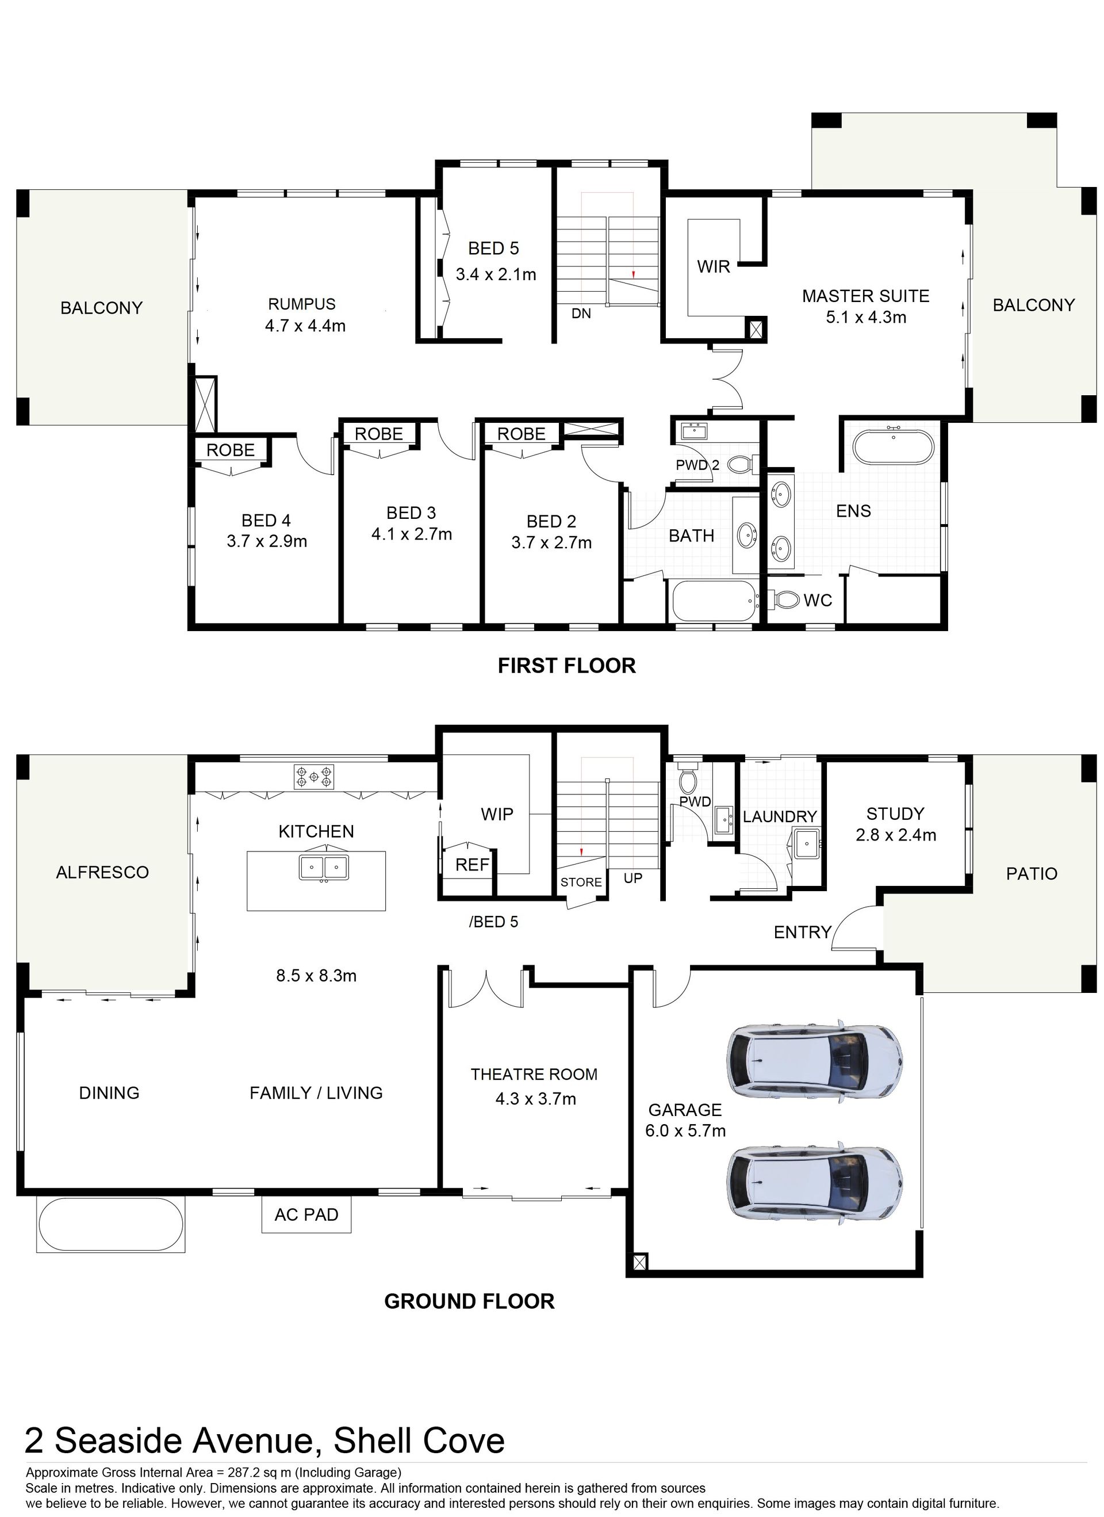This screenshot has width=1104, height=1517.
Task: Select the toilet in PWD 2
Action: (x=743, y=464)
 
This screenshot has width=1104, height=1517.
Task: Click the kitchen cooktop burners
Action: (x=313, y=776)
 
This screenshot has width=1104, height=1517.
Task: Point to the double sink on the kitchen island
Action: (x=324, y=868)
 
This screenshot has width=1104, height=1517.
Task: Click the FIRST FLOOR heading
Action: (x=566, y=666)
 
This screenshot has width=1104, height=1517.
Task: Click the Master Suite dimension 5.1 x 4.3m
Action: (x=866, y=317)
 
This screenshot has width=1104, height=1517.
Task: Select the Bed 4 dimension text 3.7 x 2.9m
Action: (x=267, y=541)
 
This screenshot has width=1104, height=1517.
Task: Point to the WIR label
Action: (x=714, y=267)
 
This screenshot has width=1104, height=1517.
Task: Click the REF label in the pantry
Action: (x=472, y=865)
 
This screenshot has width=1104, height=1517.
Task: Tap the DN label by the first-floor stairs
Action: (x=581, y=313)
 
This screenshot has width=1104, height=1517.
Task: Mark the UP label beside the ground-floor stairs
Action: (x=632, y=877)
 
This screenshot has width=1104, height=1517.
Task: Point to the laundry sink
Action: (x=808, y=844)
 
